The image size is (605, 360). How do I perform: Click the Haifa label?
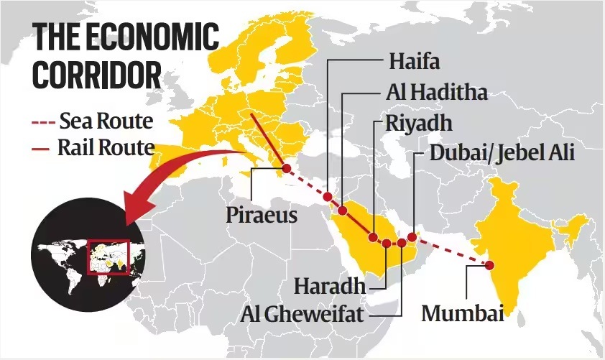414,60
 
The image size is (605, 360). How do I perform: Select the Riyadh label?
418,123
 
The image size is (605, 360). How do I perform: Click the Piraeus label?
261,213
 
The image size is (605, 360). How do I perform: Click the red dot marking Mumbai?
489,264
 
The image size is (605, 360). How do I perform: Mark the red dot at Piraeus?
286,168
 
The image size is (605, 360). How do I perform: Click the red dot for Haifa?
327,196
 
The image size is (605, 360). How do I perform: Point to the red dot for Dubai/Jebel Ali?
412,236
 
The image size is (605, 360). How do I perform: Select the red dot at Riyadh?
373,237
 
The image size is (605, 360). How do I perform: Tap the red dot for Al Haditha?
343,211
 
